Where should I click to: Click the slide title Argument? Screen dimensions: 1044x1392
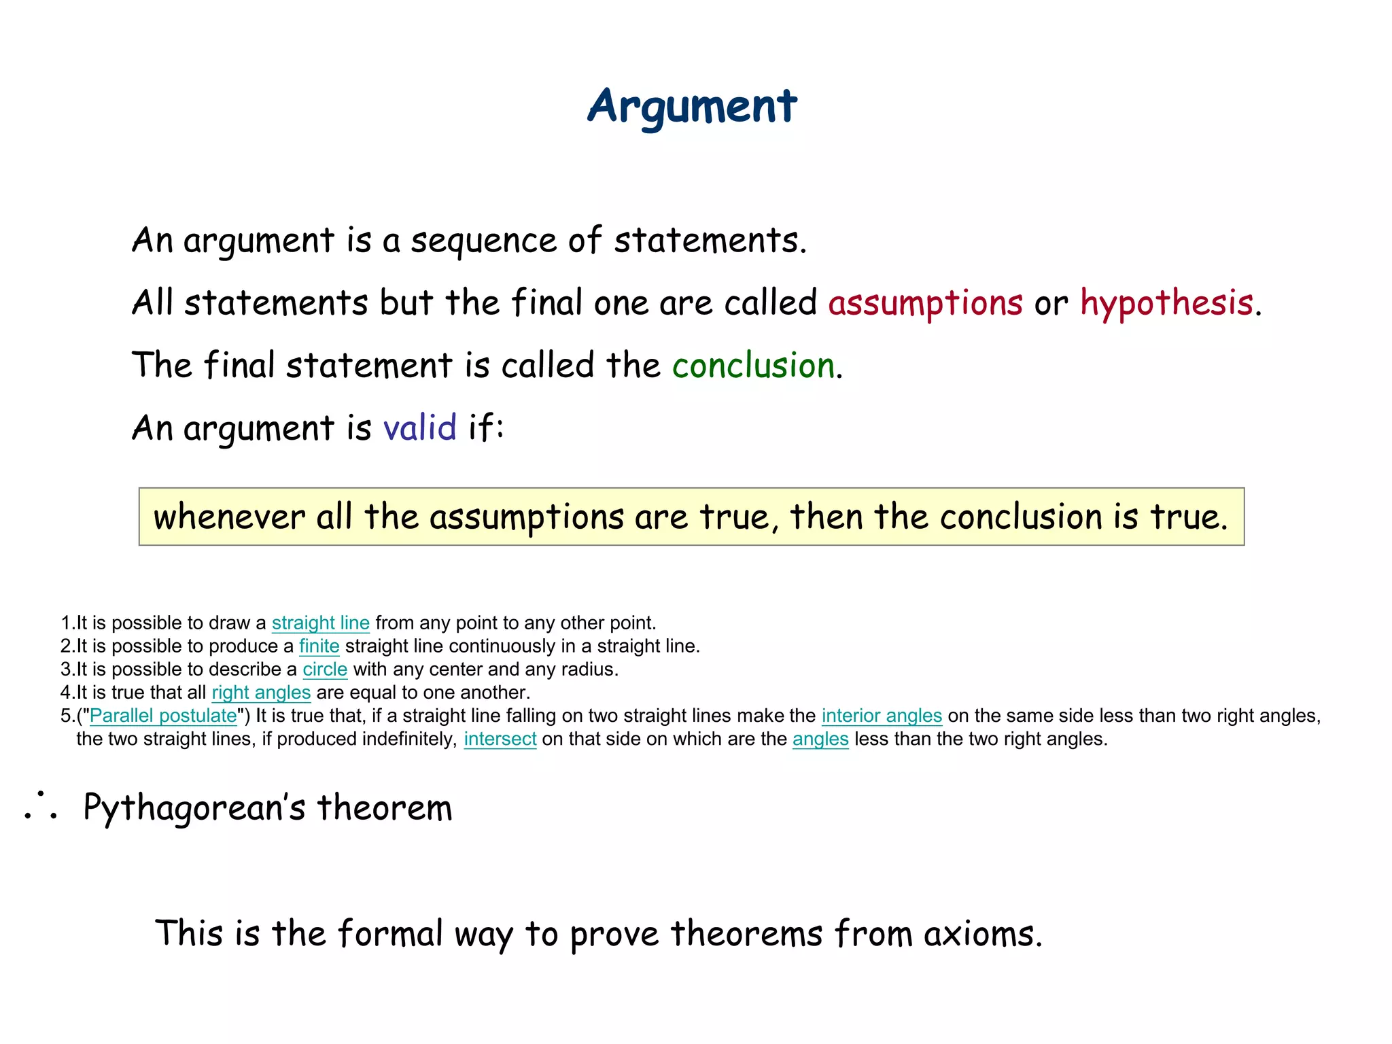pyautogui.click(x=692, y=107)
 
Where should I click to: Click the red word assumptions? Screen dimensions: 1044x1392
pyautogui.click(x=925, y=302)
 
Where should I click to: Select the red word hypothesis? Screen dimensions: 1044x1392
pyautogui.click(x=1166, y=302)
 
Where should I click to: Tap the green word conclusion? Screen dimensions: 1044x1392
pyautogui.click(x=753, y=366)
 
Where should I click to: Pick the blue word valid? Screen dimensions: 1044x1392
pyautogui.click(x=419, y=428)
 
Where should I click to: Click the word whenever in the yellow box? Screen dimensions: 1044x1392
pyautogui.click(x=229, y=517)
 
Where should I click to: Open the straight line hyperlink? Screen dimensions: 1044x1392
pyautogui.click(x=320, y=623)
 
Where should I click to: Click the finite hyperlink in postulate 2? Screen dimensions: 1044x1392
pyautogui.click(x=319, y=646)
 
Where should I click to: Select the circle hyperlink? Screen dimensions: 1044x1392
pyautogui.click(x=325, y=669)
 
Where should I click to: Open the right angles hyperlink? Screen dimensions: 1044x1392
pyautogui.click(x=261, y=692)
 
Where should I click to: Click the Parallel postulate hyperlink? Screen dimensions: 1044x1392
pyautogui.click(x=163, y=715)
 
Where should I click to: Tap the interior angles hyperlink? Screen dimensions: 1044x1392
pyautogui.click(x=882, y=715)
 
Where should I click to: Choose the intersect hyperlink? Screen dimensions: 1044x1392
pyautogui.click(x=500, y=739)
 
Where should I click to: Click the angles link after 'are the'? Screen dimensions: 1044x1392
pyautogui.click(x=820, y=739)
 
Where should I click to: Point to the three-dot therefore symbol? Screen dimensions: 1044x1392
pyautogui.click(x=41, y=806)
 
